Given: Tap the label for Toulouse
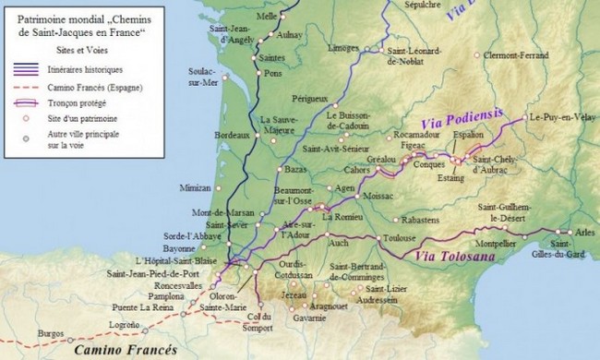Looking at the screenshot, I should click(398, 239).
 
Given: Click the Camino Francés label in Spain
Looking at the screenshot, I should click(121, 349).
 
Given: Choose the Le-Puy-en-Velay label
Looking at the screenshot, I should click(561, 117).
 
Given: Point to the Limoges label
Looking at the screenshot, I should click(342, 47).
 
